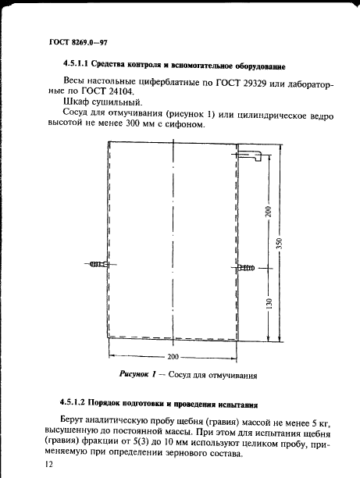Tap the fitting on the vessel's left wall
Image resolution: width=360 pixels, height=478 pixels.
tap(98, 266)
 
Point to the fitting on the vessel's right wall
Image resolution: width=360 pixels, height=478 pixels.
tap(246, 268)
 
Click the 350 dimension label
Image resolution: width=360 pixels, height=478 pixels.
tap(287, 244)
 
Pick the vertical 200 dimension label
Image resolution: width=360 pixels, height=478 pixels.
tap(267, 211)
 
